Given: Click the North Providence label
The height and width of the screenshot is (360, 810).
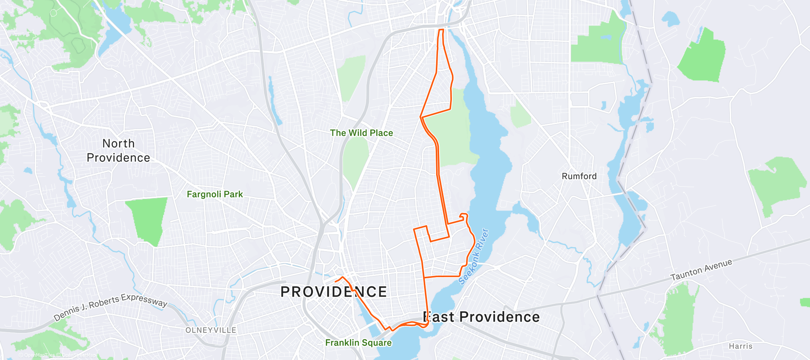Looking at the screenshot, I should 118,150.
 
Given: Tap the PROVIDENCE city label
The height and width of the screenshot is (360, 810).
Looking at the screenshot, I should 333,292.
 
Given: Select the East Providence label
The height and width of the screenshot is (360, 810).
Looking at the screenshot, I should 481,317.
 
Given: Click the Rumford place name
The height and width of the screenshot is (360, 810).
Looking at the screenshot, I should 579,176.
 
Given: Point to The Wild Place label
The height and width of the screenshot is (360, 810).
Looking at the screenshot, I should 361,133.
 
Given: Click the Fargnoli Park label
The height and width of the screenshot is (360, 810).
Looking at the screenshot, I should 215,194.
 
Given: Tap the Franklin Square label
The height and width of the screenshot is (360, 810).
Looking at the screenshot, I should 358,342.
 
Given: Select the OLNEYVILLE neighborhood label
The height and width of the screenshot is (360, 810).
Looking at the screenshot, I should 211,330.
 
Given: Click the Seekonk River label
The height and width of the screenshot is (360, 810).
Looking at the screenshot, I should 474,257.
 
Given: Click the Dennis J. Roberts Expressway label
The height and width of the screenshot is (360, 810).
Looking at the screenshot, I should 111,306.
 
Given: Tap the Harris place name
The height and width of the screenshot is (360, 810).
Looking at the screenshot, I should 740,346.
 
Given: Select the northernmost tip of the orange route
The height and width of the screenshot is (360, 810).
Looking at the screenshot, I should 441,30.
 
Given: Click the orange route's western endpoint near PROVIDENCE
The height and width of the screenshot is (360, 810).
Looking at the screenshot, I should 335,281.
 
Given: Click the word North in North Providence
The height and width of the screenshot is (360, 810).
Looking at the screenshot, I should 118,144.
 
